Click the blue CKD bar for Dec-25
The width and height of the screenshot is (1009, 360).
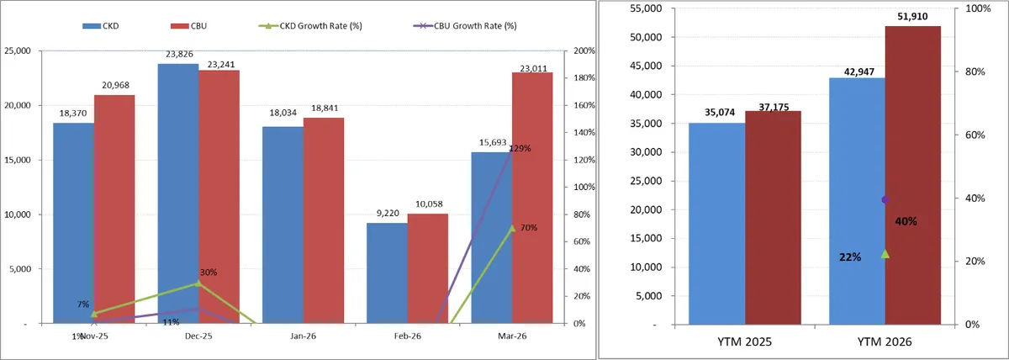[177, 193]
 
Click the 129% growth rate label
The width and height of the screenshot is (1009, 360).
[520, 149]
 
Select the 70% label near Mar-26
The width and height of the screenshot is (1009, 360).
[529, 228]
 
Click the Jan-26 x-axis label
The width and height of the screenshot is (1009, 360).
[303, 335]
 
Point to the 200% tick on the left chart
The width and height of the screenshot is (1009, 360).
[584, 50]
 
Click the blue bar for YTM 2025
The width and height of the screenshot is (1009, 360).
[716, 223]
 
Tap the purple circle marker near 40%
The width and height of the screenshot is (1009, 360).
[885, 199]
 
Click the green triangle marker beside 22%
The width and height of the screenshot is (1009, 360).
[885, 253]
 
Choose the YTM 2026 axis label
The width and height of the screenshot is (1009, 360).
[885, 342]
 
